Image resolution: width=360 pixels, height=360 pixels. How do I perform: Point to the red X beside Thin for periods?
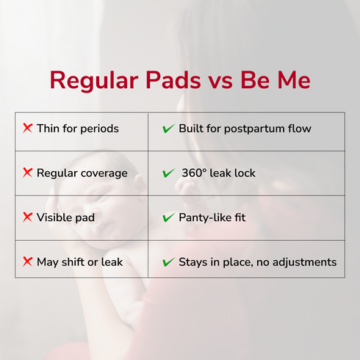click(x=28, y=129)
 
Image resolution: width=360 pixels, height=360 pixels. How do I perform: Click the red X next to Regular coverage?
click(x=28, y=173)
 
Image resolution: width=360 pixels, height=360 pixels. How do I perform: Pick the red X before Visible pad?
click(x=28, y=217)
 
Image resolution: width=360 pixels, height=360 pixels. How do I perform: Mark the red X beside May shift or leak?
click(x=28, y=262)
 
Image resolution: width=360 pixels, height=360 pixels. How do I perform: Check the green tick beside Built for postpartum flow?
click(x=168, y=129)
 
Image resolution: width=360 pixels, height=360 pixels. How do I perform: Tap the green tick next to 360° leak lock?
click(x=168, y=173)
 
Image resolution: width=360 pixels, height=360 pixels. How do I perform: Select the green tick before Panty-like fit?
click(x=168, y=217)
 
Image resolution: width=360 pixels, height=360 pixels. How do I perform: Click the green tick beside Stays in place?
click(x=168, y=262)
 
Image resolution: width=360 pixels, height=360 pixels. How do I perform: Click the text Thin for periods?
click(x=77, y=129)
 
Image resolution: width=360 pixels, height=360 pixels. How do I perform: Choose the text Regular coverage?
click(x=82, y=173)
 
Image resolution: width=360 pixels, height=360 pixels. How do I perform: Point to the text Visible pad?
click(x=65, y=217)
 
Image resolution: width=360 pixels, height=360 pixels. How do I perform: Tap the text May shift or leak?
click(x=79, y=262)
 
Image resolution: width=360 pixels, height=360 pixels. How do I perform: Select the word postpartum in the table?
click(x=253, y=129)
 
